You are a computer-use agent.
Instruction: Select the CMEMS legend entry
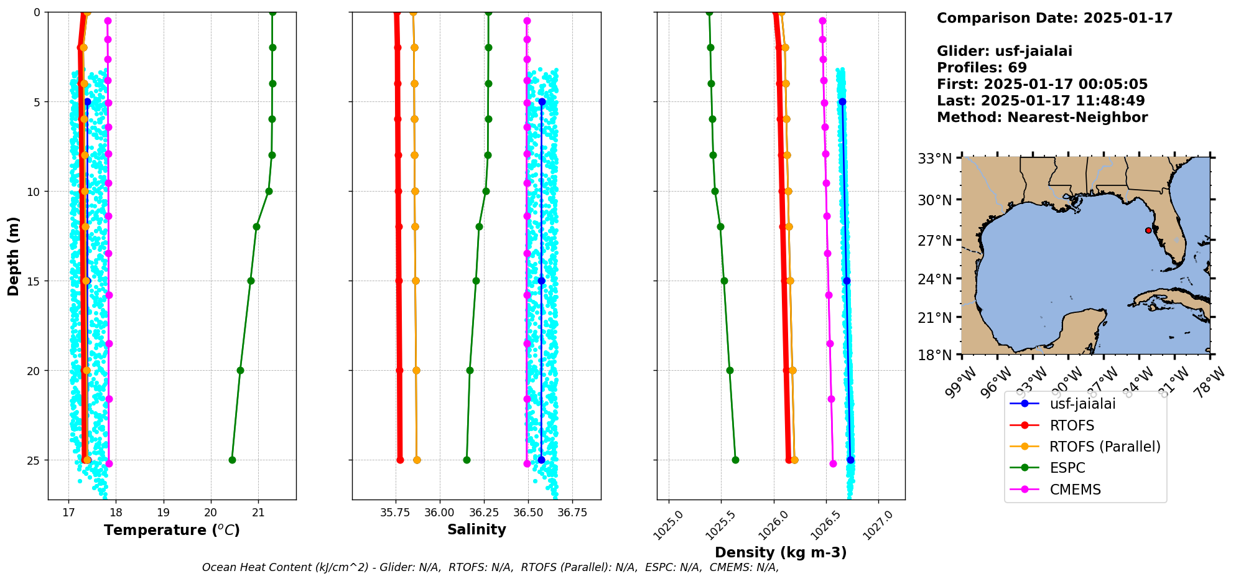click(1075, 490)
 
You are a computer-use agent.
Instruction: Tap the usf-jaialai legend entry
click(1082, 404)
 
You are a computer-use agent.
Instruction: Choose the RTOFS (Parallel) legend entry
click(1105, 447)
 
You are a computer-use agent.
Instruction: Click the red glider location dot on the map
click(1148, 230)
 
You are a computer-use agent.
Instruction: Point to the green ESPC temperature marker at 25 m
click(232, 460)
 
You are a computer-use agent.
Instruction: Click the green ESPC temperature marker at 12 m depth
click(256, 226)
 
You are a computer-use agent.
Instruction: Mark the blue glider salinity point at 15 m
click(541, 281)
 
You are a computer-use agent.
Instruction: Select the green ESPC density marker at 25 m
click(735, 460)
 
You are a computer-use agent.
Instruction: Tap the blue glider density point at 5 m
click(842, 101)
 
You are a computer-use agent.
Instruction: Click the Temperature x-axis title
click(172, 530)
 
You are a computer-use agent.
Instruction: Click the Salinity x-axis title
click(476, 529)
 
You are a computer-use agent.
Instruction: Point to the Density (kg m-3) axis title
click(781, 552)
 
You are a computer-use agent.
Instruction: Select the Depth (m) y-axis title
click(14, 256)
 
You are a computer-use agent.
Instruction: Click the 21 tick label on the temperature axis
click(258, 513)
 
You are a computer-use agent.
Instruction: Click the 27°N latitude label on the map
click(935, 241)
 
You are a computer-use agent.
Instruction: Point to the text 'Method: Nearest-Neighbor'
click(1042, 117)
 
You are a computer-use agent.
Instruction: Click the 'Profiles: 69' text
click(982, 67)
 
